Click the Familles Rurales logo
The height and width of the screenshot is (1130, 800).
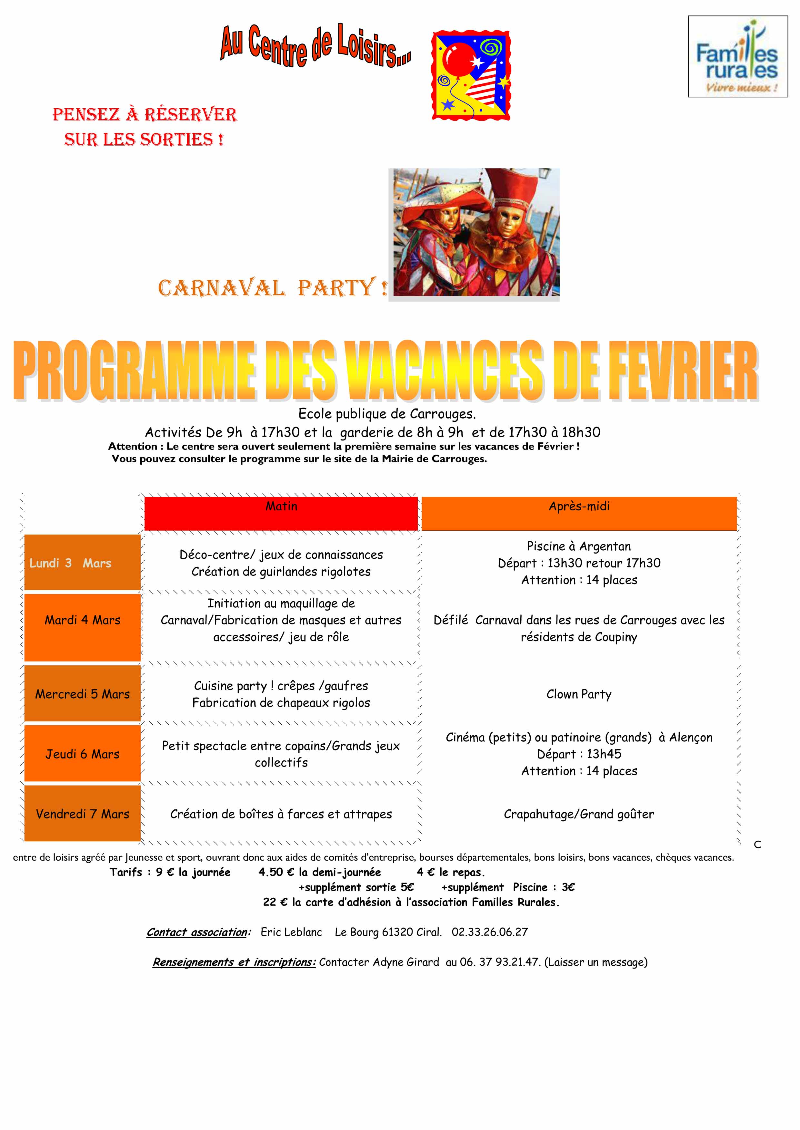coord(737,57)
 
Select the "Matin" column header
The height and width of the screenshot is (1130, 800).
coord(281,507)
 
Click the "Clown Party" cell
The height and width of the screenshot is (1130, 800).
coord(579,694)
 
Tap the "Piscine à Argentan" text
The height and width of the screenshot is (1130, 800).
coord(579,546)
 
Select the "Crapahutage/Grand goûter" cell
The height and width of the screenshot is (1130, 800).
coord(579,815)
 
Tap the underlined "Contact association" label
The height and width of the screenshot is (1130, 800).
coord(197,932)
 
